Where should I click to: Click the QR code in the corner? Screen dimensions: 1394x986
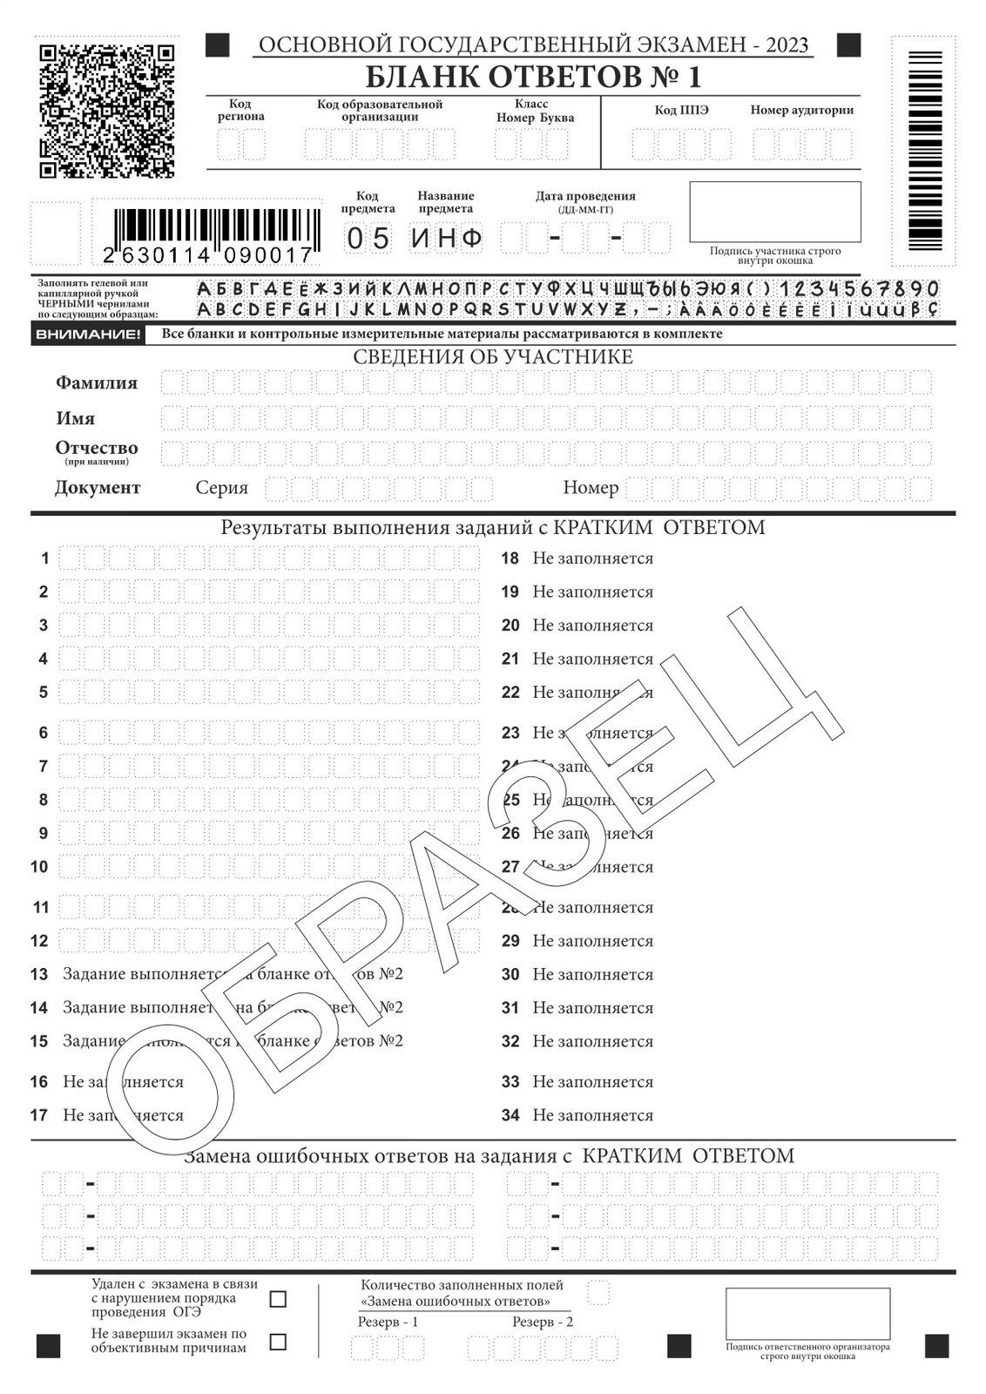pos(107,110)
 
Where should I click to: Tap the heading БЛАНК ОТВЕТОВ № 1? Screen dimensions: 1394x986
pos(532,78)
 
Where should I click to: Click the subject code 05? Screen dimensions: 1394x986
pos(368,238)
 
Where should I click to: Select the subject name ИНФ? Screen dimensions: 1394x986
pos(447,238)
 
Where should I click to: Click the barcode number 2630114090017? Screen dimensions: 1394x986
pos(207,255)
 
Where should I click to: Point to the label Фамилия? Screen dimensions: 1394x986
pos(97,382)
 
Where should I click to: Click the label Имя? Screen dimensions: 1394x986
pos(76,418)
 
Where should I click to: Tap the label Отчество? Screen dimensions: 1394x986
pos(97,448)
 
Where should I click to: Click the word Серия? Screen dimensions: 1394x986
pos(221,488)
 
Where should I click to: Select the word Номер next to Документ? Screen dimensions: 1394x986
pos(591,488)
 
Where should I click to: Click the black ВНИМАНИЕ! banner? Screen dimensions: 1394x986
pos(86,335)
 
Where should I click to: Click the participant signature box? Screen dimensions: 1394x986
pos(774,212)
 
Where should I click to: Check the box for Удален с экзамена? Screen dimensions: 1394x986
pos(278,1300)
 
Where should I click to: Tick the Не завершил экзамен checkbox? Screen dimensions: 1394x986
pos(278,1342)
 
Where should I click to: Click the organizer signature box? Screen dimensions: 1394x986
pos(807,1313)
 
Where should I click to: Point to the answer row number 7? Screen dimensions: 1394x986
pos(44,767)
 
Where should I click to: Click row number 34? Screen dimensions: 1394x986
pos(510,1115)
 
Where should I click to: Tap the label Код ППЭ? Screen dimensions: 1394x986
pos(681,111)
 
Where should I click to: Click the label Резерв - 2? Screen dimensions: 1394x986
pos(543,1322)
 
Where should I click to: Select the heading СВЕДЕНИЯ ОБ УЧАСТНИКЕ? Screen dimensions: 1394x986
pos(492,357)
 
